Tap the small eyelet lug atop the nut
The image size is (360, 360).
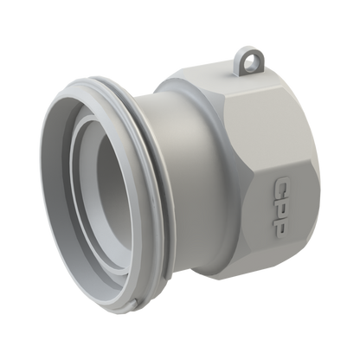point(248,61)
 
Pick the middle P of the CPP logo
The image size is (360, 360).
point(280,207)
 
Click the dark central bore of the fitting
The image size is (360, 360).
point(112,184)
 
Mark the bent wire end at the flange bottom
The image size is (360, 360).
point(134,303)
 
